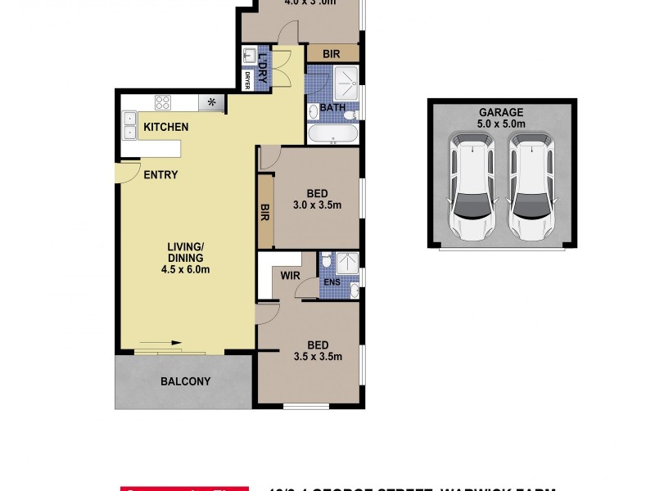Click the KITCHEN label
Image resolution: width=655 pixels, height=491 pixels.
(x=166, y=127)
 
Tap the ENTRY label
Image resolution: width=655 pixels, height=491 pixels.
(x=160, y=174)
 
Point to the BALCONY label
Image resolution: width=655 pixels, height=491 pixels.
(x=185, y=381)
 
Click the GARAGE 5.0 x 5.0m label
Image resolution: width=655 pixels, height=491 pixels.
(x=502, y=118)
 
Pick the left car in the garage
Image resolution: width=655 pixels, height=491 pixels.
(x=472, y=189)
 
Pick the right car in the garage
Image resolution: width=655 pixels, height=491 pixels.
(x=531, y=189)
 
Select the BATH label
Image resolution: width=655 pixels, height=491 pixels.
(x=332, y=108)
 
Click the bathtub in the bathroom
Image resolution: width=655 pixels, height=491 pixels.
(x=332, y=133)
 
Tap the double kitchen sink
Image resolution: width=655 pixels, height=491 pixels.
(x=129, y=124)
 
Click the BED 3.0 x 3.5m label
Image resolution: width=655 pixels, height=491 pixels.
(x=316, y=199)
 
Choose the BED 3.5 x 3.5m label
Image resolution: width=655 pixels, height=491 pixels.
(x=318, y=349)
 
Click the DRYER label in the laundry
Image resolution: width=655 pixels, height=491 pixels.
(x=246, y=80)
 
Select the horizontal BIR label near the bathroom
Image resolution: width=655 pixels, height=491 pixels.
(x=332, y=53)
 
